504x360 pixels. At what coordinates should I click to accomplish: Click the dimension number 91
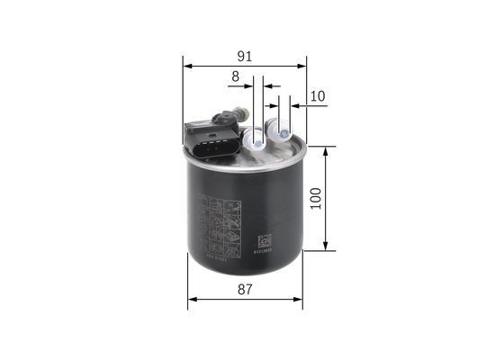244,56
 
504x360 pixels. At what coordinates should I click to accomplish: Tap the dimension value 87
245,290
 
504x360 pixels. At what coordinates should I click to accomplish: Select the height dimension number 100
315,197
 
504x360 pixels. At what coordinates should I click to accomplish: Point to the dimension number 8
236,77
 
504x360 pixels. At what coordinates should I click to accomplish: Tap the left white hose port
256,139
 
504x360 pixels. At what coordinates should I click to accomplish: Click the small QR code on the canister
264,239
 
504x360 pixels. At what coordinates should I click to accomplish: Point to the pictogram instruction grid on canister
216,226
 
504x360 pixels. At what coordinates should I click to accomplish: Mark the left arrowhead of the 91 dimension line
186,65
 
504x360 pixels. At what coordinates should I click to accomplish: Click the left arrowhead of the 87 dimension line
192,301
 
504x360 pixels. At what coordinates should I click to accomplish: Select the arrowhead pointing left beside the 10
297,106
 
